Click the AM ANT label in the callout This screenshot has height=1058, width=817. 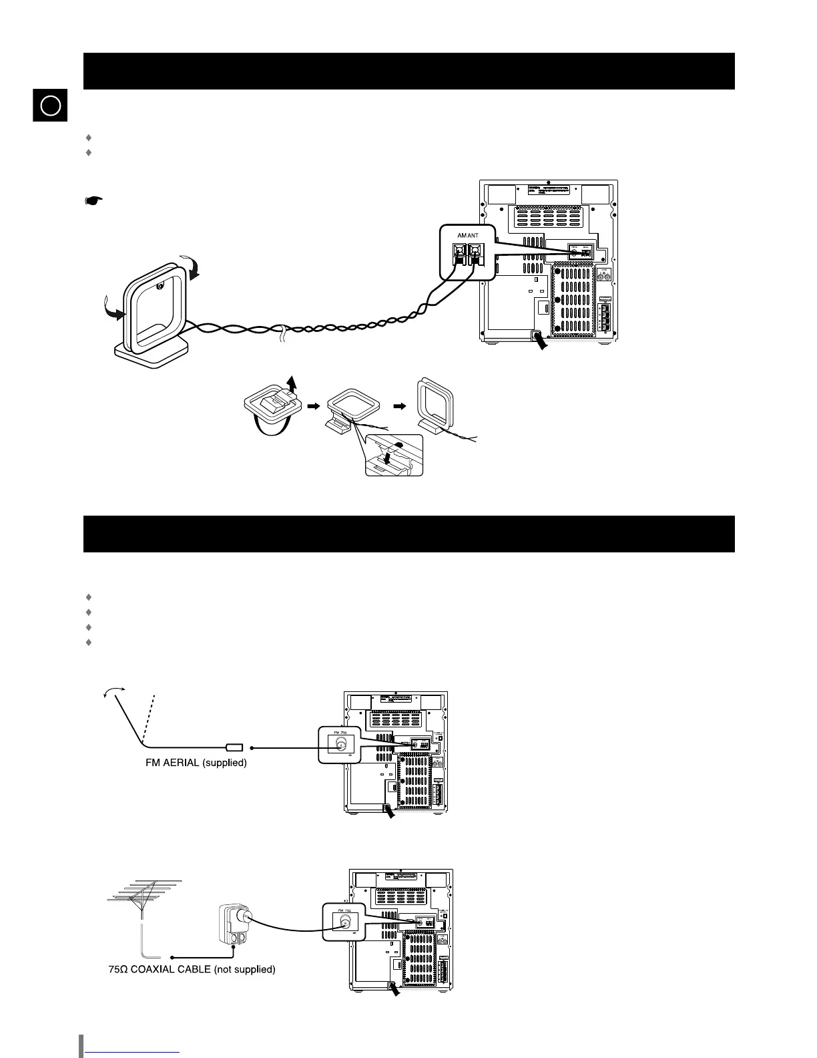[467, 235]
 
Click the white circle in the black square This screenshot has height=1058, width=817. [51, 106]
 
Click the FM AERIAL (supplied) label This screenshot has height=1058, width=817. [196, 763]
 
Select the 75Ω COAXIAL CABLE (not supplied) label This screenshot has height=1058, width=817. [192, 968]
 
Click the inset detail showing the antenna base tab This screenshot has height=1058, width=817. [394, 456]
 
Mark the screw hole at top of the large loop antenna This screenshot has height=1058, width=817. [160, 287]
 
